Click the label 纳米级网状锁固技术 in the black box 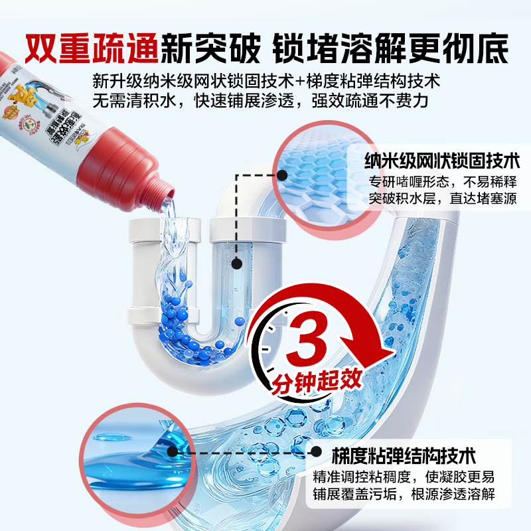[442, 161]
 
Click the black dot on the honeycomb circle [282, 176]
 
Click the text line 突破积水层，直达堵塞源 [443, 198]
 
